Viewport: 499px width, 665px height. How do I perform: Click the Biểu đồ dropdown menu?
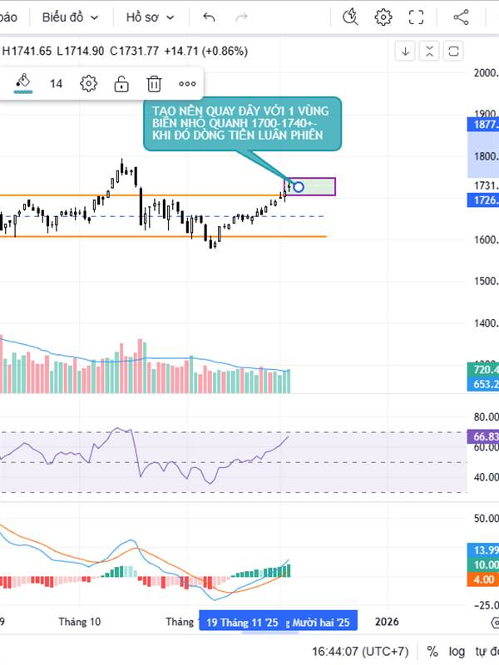pyautogui.click(x=70, y=17)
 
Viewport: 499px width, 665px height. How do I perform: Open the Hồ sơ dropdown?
pyautogui.click(x=151, y=17)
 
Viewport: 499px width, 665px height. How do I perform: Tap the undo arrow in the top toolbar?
pyautogui.click(x=209, y=17)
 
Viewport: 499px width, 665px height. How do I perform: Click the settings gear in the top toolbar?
pyautogui.click(x=383, y=17)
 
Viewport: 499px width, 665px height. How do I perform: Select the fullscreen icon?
pyautogui.click(x=417, y=17)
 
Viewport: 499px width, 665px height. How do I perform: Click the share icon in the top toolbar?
pyautogui.click(x=461, y=17)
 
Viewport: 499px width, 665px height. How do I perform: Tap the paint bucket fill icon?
pyautogui.click(x=23, y=82)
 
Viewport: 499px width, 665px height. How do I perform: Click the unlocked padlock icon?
pyautogui.click(x=121, y=83)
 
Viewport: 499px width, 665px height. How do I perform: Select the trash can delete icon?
pyautogui.click(x=154, y=83)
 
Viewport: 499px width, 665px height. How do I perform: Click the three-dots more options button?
pyautogui.click(x=187, y=83)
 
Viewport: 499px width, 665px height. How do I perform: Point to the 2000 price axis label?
pyautogui.click(x=485, y=73)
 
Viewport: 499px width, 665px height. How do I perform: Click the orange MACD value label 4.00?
pyautogui.click(x=483, y=579)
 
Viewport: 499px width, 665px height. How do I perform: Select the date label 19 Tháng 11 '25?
pyautogui.click(x=240, y=622)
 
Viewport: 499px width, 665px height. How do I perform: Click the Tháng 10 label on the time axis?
pyautogui.click(x=80, y=622)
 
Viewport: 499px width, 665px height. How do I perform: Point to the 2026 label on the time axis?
pyautogui.click(x=387, y=622)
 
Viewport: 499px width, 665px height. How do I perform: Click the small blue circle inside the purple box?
pyautogui.click(x=299, y=186)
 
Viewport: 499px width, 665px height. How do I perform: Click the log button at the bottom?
pyautogui.click(x=457, y=652)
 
